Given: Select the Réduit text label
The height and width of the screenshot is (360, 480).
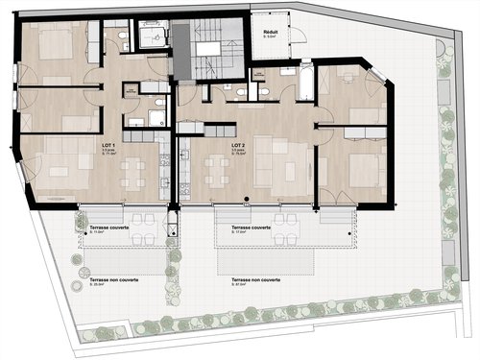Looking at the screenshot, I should (272, 31).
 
